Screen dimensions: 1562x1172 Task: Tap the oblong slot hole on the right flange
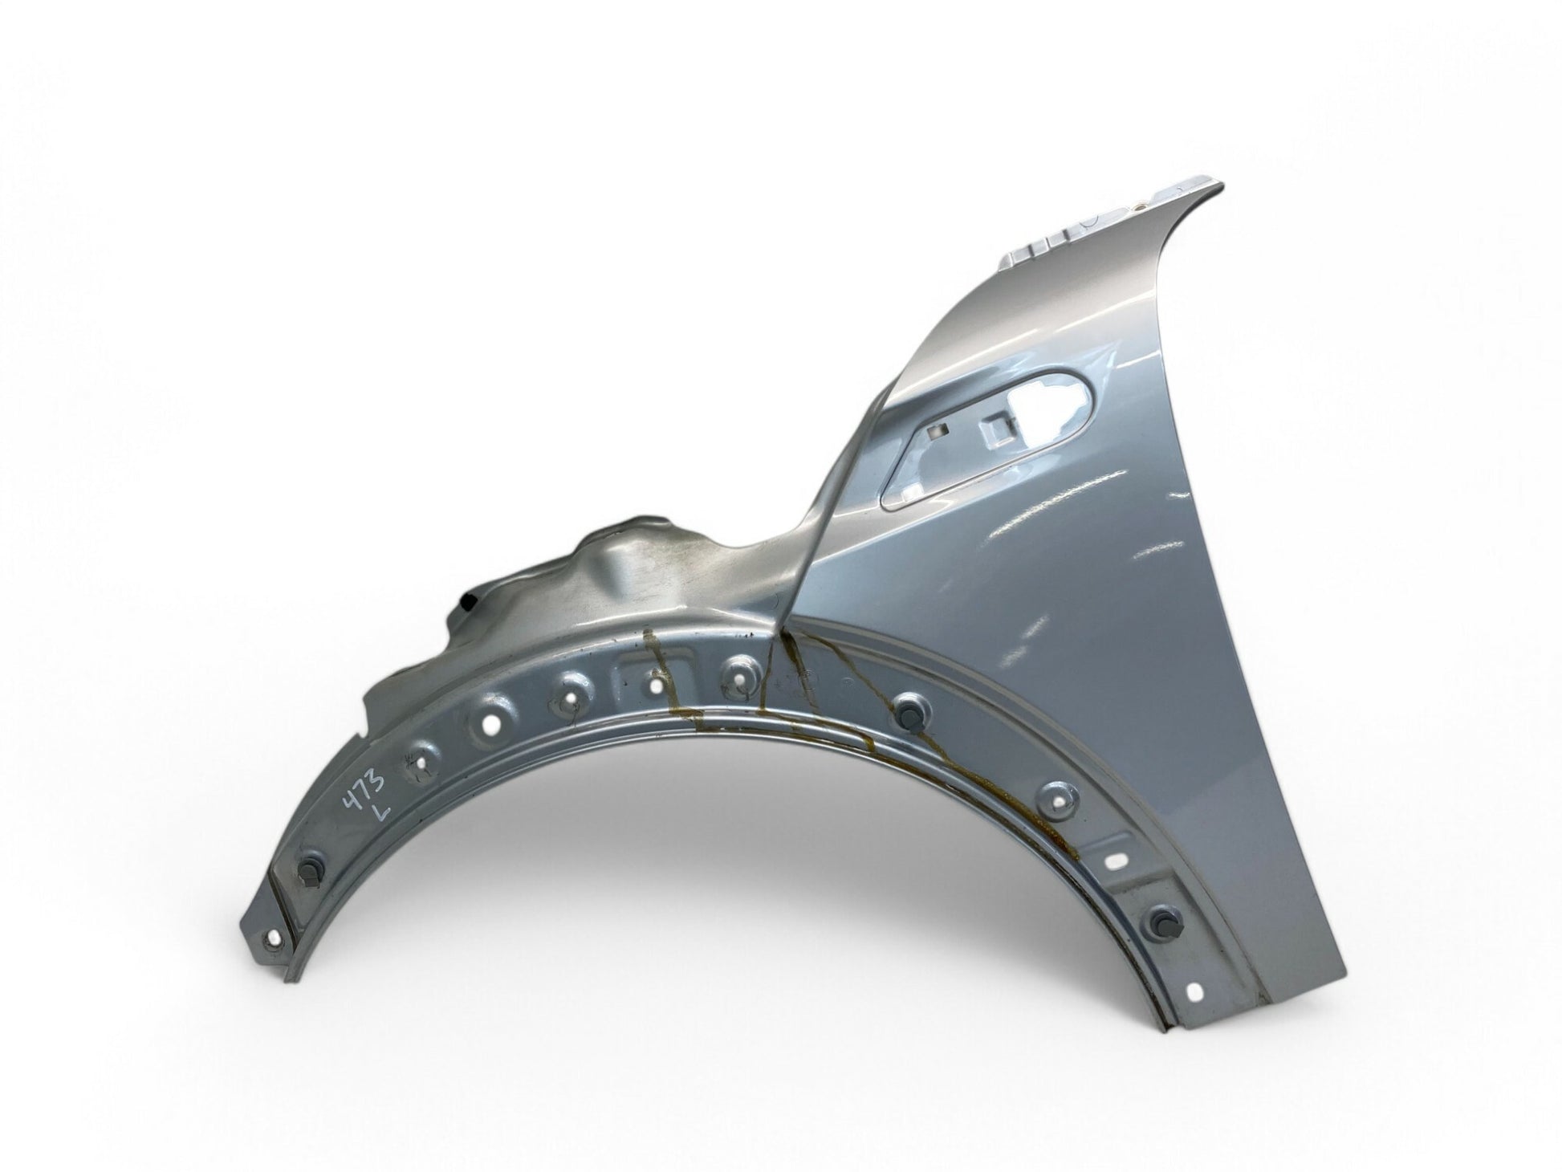pos(1117,860)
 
